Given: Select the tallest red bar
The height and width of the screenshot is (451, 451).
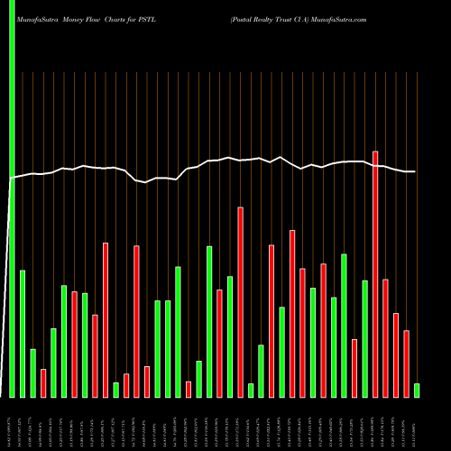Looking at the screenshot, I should coord(375,274).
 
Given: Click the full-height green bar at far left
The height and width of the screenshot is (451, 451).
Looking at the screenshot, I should coord(12,198).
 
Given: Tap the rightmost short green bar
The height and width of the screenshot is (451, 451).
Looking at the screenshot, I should coord(417,390).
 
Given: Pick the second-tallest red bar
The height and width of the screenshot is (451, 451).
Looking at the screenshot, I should coord(241,302).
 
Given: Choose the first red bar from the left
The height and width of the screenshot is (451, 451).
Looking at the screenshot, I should coord(43,382).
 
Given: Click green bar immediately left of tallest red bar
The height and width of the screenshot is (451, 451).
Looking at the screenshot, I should coord(365,338).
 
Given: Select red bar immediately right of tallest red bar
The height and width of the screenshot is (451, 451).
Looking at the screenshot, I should coord(385,338).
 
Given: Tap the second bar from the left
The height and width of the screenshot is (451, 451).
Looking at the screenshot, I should coord(23,334).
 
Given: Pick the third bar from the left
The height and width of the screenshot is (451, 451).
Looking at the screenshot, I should coord(32,373).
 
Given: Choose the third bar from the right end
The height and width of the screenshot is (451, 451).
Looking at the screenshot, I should coord(396,354).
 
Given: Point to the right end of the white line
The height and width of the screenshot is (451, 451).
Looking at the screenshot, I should coord(415,171).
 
